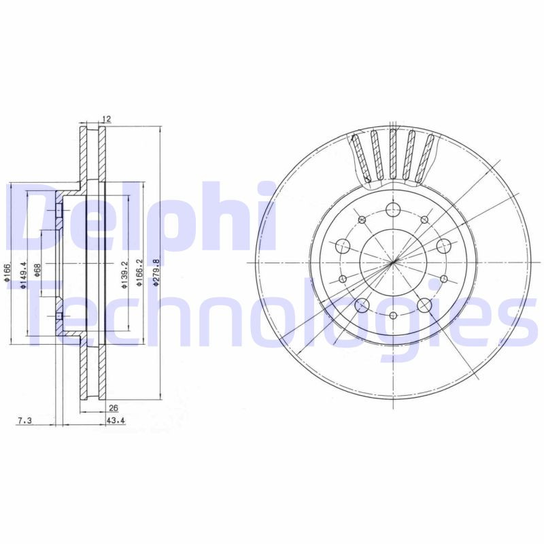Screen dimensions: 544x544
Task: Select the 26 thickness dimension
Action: [x=114, y=408]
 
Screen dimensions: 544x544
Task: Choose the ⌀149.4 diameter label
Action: [x=23, y=275]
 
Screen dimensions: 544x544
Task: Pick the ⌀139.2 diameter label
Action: [x=124, y=274]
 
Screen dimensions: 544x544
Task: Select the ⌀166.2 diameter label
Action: [x=140, y=273]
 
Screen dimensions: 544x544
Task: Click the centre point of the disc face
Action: [x=393, y=262]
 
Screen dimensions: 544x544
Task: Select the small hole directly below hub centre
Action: [x=393, y=314]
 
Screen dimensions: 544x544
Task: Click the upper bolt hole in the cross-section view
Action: [x=59, y=212]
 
